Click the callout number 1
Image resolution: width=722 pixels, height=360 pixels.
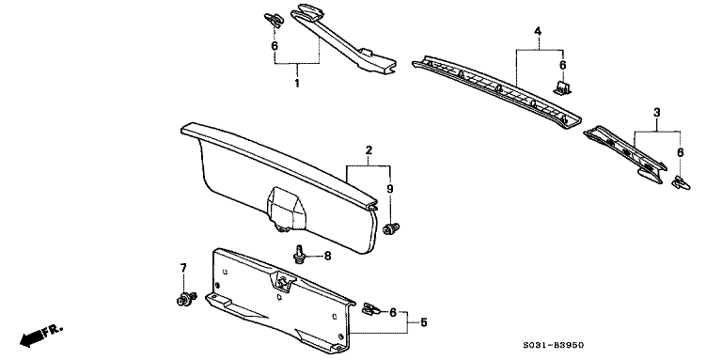point(297,84)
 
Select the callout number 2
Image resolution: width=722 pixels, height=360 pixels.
point(369,150)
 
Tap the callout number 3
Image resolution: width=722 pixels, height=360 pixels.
point(657,113)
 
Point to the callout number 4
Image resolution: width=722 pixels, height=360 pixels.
point(538,31)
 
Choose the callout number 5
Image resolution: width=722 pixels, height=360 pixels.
point(424,322)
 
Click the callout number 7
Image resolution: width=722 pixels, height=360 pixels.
point(183,268)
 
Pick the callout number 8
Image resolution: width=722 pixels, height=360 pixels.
point(327,256)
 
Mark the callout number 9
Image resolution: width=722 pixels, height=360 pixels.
point(390,189)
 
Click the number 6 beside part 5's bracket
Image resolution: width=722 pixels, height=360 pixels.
point(393,313)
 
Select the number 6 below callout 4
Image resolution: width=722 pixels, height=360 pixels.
point(563,66)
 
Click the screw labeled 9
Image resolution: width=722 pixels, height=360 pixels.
point(391,228)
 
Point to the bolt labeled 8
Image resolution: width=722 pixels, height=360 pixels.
point(300,255)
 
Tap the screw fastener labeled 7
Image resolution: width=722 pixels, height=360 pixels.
point(185,298)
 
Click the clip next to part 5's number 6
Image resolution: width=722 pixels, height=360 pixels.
point(370,310)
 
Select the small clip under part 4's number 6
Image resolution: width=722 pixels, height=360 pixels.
point(562,88)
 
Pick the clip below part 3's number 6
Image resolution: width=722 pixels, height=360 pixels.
point(681,182)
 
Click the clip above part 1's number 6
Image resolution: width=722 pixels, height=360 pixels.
point(274,20)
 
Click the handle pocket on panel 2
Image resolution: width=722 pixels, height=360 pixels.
point(286,208)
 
